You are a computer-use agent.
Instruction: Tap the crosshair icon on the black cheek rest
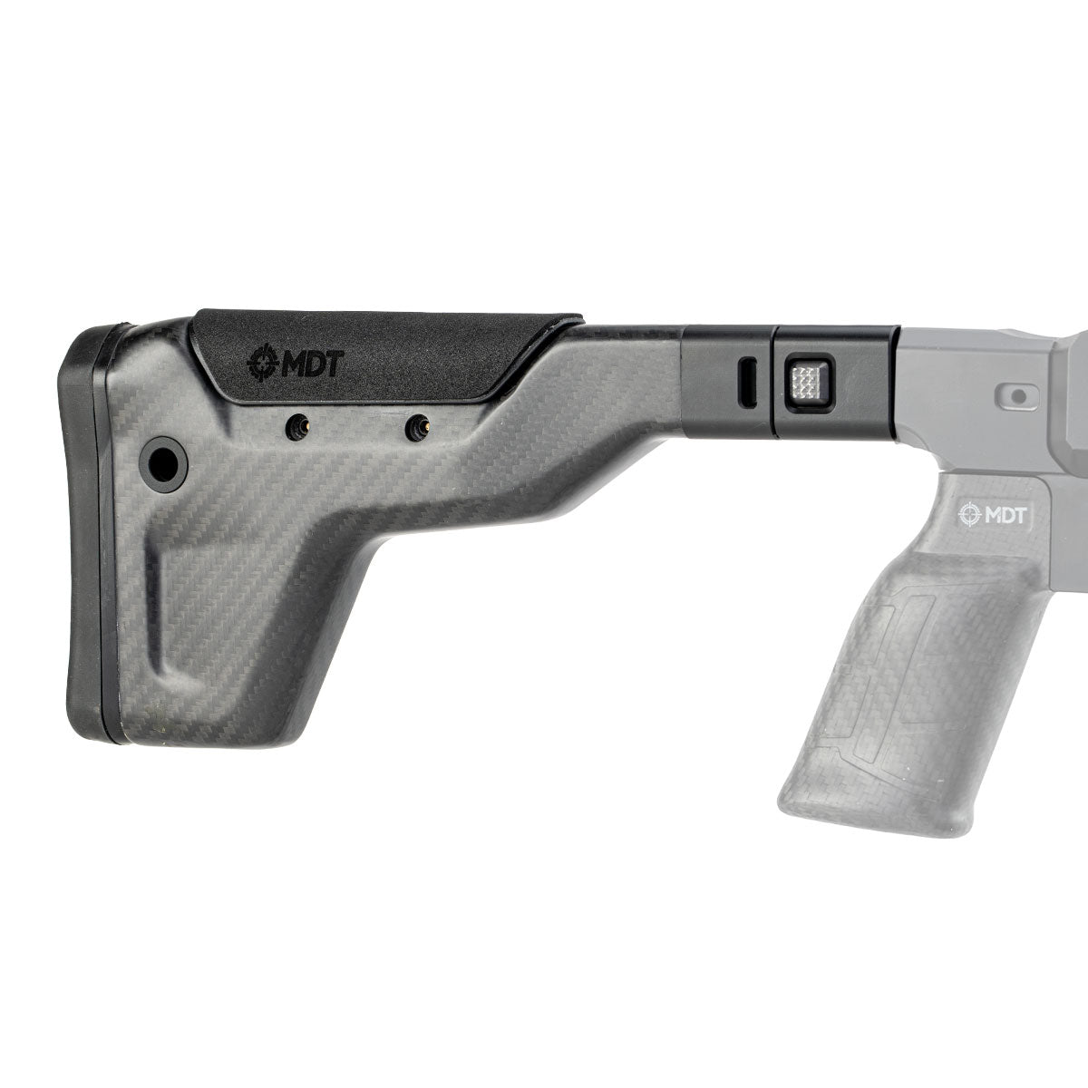tap(261, 364)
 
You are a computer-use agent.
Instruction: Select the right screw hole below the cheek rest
tap(418, 426)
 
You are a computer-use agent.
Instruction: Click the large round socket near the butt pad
tap(163, 462)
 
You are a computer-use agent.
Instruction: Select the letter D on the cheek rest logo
tap(310, 364)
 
